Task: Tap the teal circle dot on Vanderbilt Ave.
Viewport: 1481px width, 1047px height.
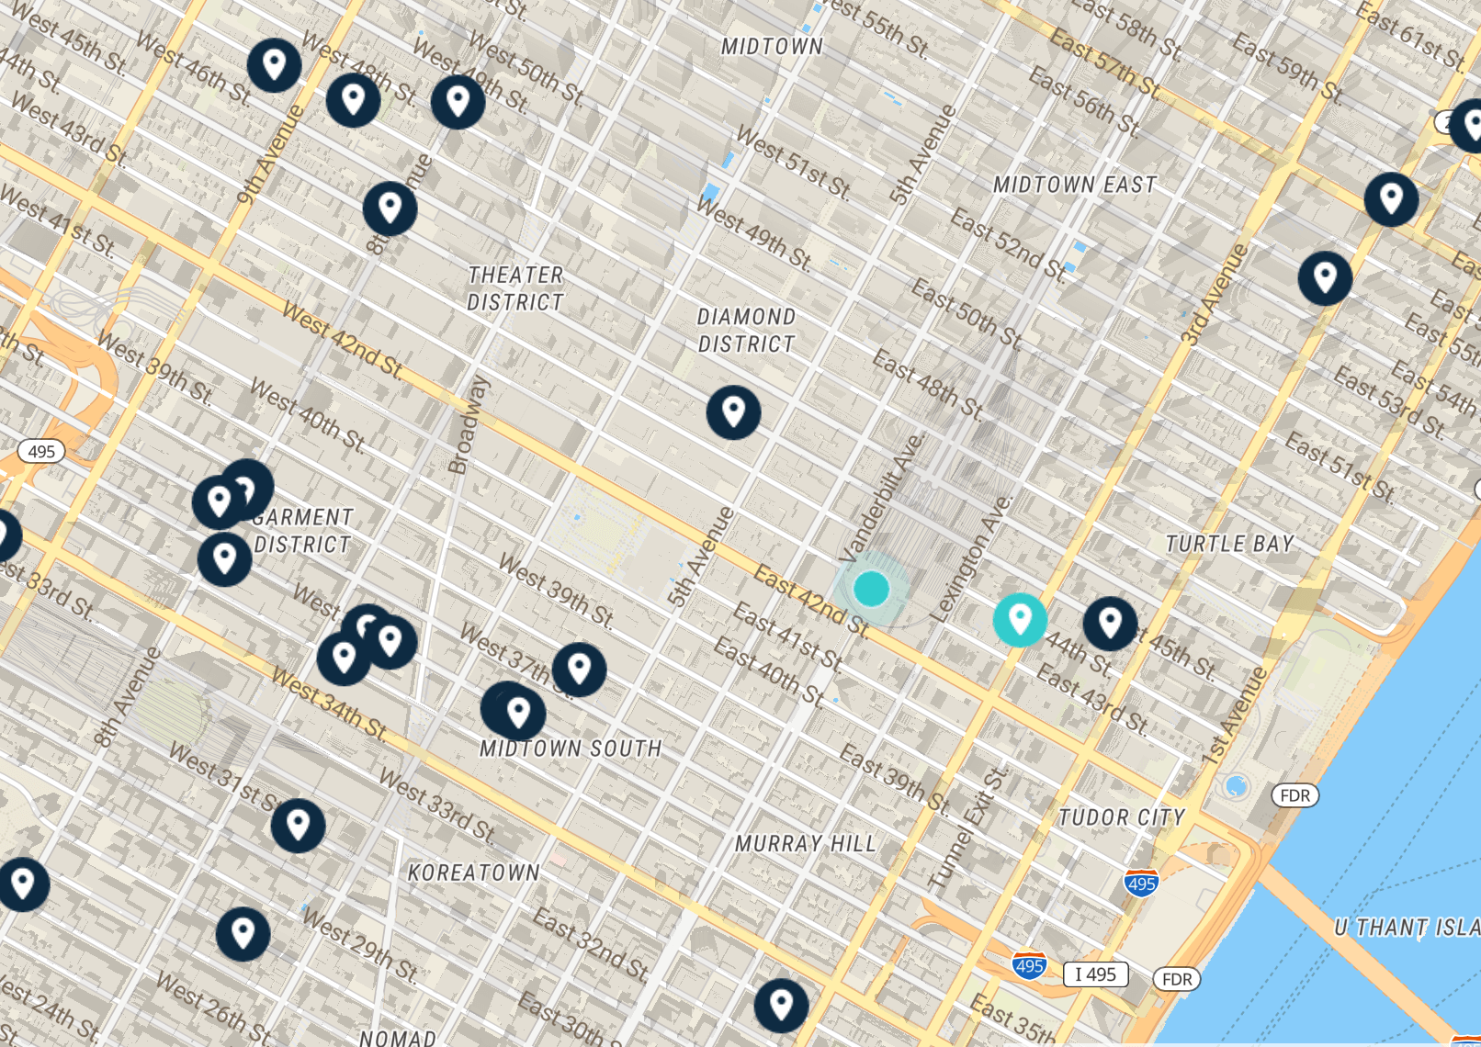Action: coord(871,589)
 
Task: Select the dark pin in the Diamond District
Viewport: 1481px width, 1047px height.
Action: coord(733,412)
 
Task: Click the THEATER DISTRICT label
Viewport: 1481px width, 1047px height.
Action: coord(514,288)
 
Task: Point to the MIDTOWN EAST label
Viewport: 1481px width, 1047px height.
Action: coord(1074,185)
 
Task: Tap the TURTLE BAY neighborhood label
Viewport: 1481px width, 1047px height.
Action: coord(1229,544)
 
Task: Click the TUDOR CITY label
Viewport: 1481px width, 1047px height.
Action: coord(1121,816)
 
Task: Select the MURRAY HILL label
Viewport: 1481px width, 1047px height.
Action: coord(805,843)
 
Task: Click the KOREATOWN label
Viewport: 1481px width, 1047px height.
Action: coord(473,872)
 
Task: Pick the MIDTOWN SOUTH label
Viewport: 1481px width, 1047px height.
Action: coord(570,749)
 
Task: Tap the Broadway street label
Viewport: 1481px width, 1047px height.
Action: coord(468,424)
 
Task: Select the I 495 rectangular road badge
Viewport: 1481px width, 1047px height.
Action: coord(1095,974)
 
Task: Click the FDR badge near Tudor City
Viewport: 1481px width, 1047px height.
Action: coord(1294,795)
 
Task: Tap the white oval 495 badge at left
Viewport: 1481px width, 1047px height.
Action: coord(41,451)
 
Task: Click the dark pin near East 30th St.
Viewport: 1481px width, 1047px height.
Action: coord(781,1005)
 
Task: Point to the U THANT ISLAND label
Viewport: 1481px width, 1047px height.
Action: coord(1406,928)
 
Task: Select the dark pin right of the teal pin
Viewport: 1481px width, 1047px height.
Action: coord(1110,624)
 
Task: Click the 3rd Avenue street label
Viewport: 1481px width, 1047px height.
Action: coord(1215,294)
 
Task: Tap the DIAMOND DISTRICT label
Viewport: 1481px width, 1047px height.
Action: coord(745,331)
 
